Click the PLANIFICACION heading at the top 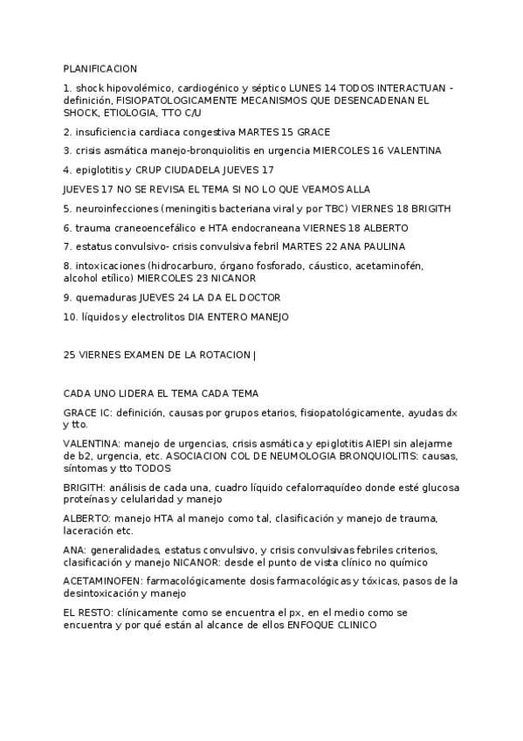coord(100,68)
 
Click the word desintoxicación coord(107,592)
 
